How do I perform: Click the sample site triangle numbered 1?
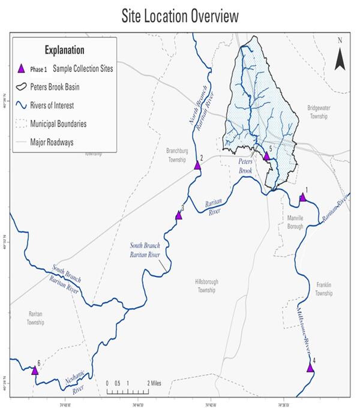pos(302,197)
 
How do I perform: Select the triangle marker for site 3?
pos(178,215)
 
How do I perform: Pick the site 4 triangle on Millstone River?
pos(310,368)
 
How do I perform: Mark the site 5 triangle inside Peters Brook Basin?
pos(267,156)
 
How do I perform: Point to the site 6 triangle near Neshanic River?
pos(35,371)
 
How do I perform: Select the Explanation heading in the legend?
pos(64,50)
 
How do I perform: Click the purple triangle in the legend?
pos(22,68)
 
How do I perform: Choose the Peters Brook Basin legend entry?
pos(64,87)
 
